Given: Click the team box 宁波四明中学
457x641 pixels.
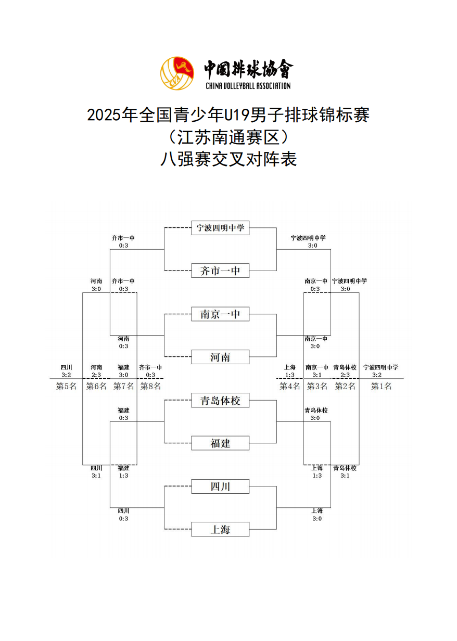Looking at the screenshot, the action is coord(220,228).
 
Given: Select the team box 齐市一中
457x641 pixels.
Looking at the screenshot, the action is coord(220,271).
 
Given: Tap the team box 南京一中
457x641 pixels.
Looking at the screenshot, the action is coord(220,314).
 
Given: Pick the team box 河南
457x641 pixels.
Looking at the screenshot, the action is coord(220,357).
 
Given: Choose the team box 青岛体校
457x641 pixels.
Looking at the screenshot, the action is coord(220,401).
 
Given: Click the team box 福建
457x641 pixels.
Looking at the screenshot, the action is coord(220,443).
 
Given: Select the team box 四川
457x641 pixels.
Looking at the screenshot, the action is coord(220,487).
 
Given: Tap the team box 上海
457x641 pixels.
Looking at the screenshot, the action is coord(220,530).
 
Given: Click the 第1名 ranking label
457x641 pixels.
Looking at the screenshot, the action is coord(381,386).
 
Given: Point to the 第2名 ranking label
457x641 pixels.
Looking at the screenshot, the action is coord(345,386).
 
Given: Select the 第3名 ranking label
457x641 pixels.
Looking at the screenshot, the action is coord(317,386).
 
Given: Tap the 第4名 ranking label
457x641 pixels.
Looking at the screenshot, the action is coord(290,386).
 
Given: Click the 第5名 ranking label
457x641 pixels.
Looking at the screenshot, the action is coord(66,386).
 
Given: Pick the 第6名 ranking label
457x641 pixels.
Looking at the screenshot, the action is coord(96,386).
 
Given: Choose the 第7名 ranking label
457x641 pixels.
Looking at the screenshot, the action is coord(123,386).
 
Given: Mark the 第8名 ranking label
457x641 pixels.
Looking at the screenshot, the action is coord(150,386).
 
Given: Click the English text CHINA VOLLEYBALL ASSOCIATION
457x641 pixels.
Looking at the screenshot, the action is coord(248,86).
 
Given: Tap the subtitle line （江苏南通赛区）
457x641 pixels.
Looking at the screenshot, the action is coord(228,137).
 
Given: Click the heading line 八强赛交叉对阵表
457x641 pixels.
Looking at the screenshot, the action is coord(228,159).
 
